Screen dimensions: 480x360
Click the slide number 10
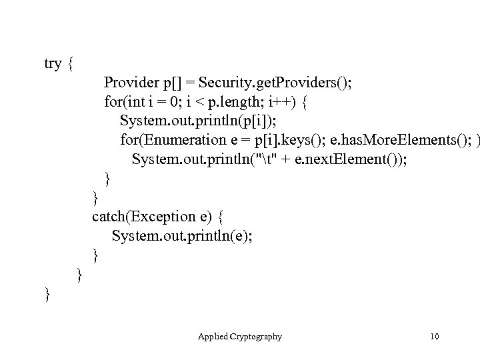click(435, 337)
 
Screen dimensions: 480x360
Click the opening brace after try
click(72, 64)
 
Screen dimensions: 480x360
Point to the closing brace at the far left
click(47, 293)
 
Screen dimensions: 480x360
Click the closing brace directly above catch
click(96, 197)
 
